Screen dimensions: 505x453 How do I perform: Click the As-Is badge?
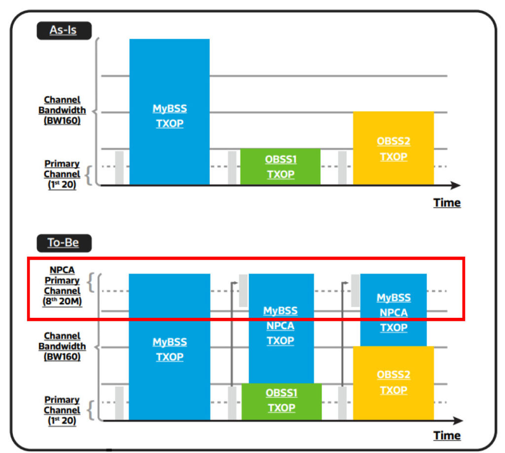(x=64, y=31)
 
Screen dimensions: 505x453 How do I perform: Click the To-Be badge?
(x=64, y=243)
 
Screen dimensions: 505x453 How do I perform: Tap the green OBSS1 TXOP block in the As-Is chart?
(x=280, y=167)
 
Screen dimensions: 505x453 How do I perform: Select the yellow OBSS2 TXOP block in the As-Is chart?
(x=393, y=148)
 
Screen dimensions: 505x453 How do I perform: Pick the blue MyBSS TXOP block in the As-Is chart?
(x=170, y=112)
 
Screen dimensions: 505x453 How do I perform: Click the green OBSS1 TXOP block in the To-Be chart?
(x=282, y=402)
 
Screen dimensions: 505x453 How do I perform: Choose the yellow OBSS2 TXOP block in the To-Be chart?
(x=393, y=383)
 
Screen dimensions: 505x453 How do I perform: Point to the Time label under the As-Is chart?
(x=447, y=203)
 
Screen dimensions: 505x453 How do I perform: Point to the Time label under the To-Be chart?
(x=447, y=435)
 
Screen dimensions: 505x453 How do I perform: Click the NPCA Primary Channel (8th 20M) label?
(x=62, y=286)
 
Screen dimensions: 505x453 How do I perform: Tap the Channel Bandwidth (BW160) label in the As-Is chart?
(x=62, y=110)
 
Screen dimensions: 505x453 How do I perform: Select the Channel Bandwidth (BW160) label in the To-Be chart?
(x=62, y=346)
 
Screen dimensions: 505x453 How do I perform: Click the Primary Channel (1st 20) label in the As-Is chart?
(x=62, y=174)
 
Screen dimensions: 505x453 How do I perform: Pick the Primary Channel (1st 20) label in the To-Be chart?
(x=62, y=410)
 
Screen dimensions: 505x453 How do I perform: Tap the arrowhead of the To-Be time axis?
(x=458, y=420)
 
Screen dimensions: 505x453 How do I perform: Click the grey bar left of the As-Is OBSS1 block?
(x=232, y=168)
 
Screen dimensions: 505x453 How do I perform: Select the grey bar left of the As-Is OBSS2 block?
(x=342, y=168)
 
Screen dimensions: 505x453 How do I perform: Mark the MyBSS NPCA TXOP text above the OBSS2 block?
(x=394, y=312)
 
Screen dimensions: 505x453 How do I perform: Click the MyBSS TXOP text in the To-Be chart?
(x=170, y=349)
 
